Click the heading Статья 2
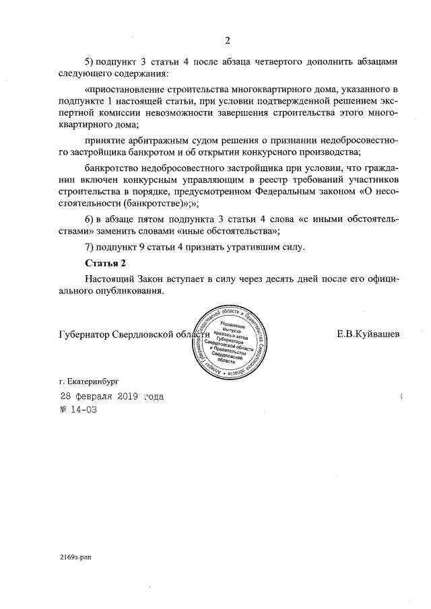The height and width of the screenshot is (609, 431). coord(106,262)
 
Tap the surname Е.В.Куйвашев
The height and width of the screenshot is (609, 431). coord(368,334)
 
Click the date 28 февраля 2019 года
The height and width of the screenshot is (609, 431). coord(111,396)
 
